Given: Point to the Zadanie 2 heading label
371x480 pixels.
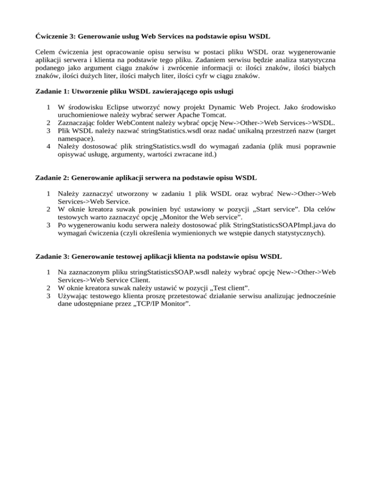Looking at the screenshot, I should point(52,177).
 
